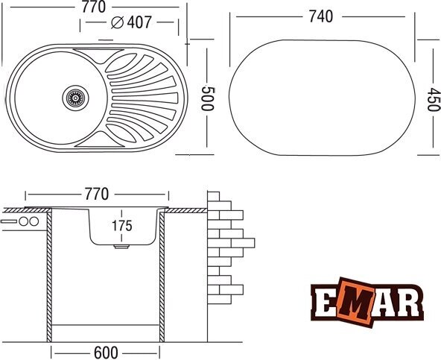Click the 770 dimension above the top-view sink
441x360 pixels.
(94, 7)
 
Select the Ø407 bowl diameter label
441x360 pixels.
(131, 22)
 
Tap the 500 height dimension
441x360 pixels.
(208, 98)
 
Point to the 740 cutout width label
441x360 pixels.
(321, 16)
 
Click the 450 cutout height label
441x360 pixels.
(433, 100)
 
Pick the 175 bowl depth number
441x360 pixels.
(122, 226)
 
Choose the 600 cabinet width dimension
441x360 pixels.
(106, 353)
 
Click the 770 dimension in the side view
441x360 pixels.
(97, 195)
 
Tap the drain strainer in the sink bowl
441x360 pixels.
(75, 98)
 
